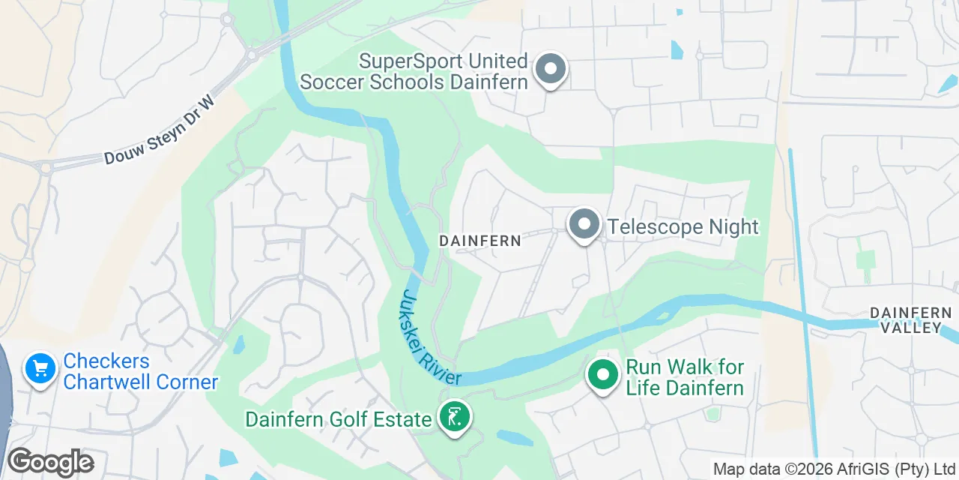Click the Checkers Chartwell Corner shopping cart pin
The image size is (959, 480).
40,369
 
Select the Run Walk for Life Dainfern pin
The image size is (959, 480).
602,374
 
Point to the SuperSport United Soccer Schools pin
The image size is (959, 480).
551,70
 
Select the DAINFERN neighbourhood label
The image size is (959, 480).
479,241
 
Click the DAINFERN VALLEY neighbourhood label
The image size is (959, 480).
910,320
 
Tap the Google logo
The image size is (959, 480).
50,462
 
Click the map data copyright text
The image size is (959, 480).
834,469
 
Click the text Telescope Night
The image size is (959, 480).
683,226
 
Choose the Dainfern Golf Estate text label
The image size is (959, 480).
338,418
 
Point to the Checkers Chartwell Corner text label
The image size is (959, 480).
140,371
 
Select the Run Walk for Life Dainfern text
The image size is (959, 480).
685,377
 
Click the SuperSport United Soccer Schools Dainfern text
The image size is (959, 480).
414,71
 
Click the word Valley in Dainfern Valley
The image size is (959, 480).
910,328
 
